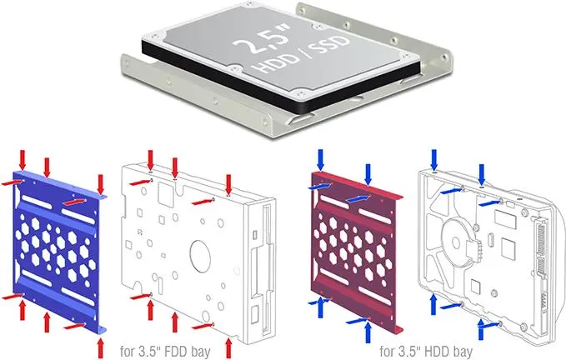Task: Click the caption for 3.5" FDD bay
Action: coord(165,351)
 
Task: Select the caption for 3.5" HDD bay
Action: coord(426,351)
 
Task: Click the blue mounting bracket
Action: coord(58,250)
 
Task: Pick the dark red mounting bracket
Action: coord(356,252)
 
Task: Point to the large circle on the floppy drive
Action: coord(200,257)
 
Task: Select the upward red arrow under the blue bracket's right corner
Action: coord(101,347)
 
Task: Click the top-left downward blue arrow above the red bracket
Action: coord(320,159)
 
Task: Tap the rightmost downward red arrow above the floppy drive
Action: coord(228,185)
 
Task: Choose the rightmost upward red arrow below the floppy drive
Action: coord(228,347)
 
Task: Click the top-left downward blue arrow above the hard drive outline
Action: coord(434,159)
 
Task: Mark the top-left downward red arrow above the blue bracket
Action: coord(23,159)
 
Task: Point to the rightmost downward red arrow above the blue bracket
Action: coord(101,185)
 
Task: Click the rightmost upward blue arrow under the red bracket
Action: coord(368,332)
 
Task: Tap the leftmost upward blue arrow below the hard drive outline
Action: coord(434,304)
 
